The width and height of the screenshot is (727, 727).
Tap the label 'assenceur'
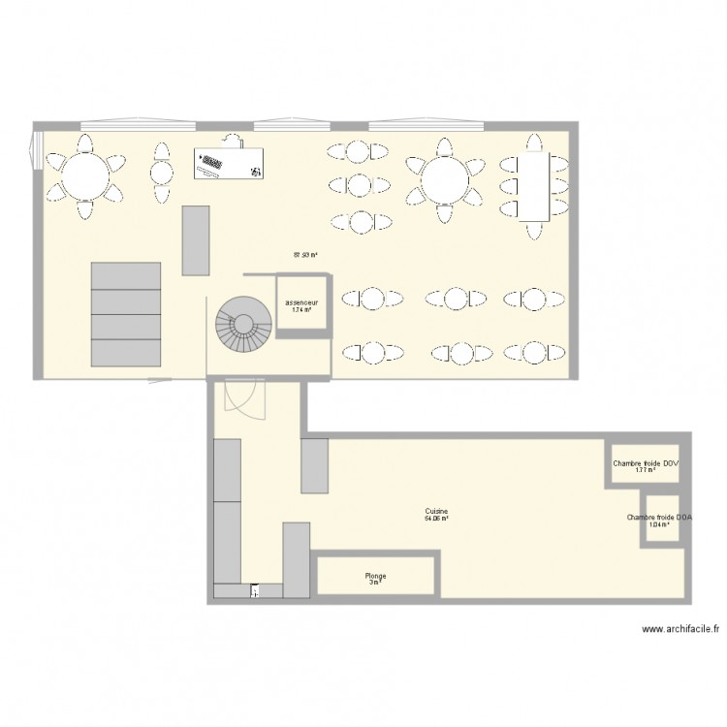click(302, 302)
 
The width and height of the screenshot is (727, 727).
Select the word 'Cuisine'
click(435, 512)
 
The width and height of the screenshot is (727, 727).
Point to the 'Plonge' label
click(375, 576)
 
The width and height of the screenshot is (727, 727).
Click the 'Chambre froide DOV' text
click(646, 464)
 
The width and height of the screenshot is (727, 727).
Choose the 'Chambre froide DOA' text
click(659, 518)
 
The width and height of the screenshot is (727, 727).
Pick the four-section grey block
click(126, 315)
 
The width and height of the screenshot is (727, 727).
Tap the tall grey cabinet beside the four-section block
click(195, 238)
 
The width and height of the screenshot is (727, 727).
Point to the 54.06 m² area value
click(435, 520)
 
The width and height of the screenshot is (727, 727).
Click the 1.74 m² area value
click(301, 310)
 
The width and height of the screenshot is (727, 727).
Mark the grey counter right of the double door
click(316, 465)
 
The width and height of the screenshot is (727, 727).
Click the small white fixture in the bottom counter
click(254, 588)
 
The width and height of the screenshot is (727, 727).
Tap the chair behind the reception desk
click(232, 140)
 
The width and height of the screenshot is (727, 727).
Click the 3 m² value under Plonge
click(375, 583)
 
